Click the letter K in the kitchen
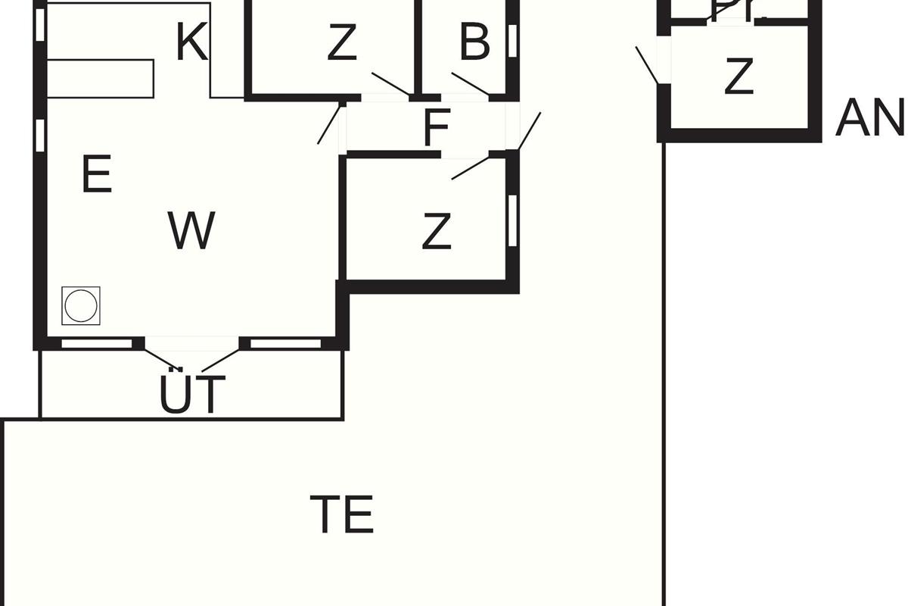tap(192, 43)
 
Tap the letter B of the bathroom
tap(474, 43)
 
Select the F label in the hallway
tap(437, 128)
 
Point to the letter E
tap(96, 175)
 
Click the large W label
tap(191, 231)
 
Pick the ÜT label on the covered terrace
tap(192, 395)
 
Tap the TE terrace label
tap(342, 514)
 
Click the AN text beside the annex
tap(870, 119)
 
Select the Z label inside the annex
tap(739, 77)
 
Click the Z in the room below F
tap(437, 232)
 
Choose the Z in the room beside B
tap(342, 44)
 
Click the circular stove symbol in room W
tap(81, 306)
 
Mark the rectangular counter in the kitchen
tap(101, 78)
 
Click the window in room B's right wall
tap(512, 41)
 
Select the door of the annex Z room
tap(647, 65)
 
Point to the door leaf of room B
tap(470, 83)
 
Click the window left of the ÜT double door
tap(96, 344)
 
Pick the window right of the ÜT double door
tap(285, 344)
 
